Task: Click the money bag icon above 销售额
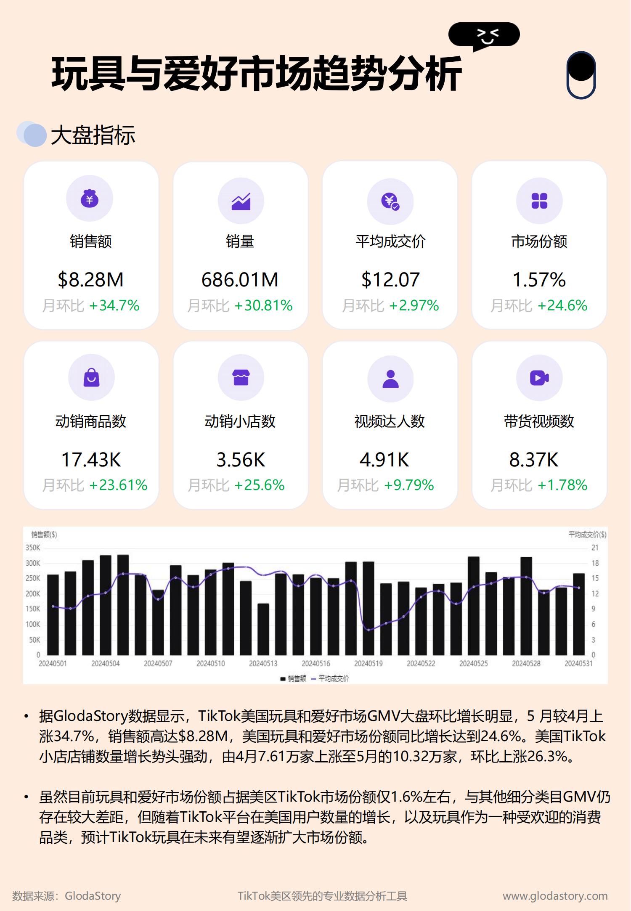pyautogui.click(x=90, y=199)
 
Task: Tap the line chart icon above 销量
pyautogui.click(x=241, y=201)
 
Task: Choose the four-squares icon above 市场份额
pyautogui.click(x=539, y=201)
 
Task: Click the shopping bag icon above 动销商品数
pyautogui.click(x=91, y=377)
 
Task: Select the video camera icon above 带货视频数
pyautogui.click(x=539, y=378)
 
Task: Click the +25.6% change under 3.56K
pyautogui.click(x=259, y=485)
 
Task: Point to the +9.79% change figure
pyautogui.click(x=409, y=485)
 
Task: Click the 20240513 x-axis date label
pyautogui.click(x=263, y=664)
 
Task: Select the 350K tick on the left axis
pyautogui.click(x=33, y=548)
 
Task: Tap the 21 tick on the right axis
pyautogui.click(x=595, y=548)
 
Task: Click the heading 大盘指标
pyautogui.click(x=93, y=135)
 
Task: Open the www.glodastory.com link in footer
pyautogui.click(x=555, y=896)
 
